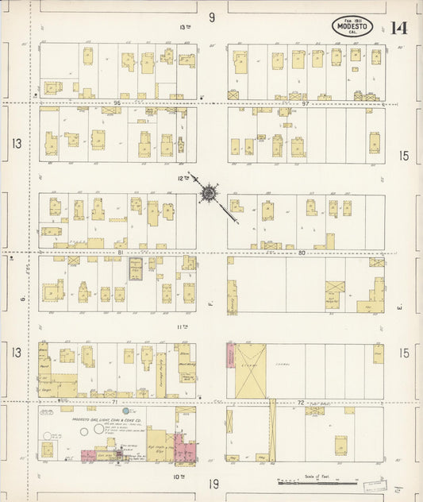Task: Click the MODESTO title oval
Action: [x=352, y=27]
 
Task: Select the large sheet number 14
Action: [x=399, y=29]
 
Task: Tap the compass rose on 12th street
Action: [x=209, y=191]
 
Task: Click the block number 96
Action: [x=115, y=102]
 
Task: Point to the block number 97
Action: [x=305, y=102]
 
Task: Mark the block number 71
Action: [x=115, y=402]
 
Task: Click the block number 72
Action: [x=301, y=402]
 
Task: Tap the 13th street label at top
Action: [x=185, y=27]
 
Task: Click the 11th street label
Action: [x=183, y=326]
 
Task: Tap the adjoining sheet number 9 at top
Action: [x=212, y=17]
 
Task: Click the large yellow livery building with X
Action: [x=252, y=371]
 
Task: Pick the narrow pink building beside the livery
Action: [x=231, y=358]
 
